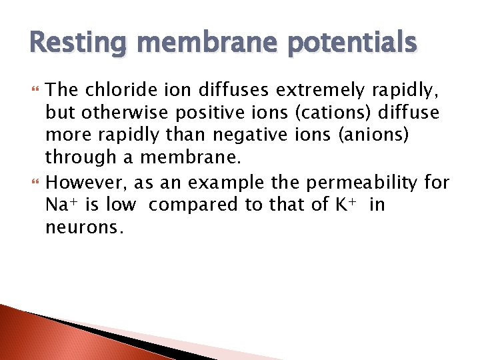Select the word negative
pyautogui.click(x=248, y=136)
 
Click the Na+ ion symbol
pyautogui.click(x=62, y=205)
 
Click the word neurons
pyautogui.click(x=84, y=228)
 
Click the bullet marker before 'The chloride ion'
pyautogui.click(x=33, y=89)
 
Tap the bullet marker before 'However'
pyautogui.click(x=33, y=181)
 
